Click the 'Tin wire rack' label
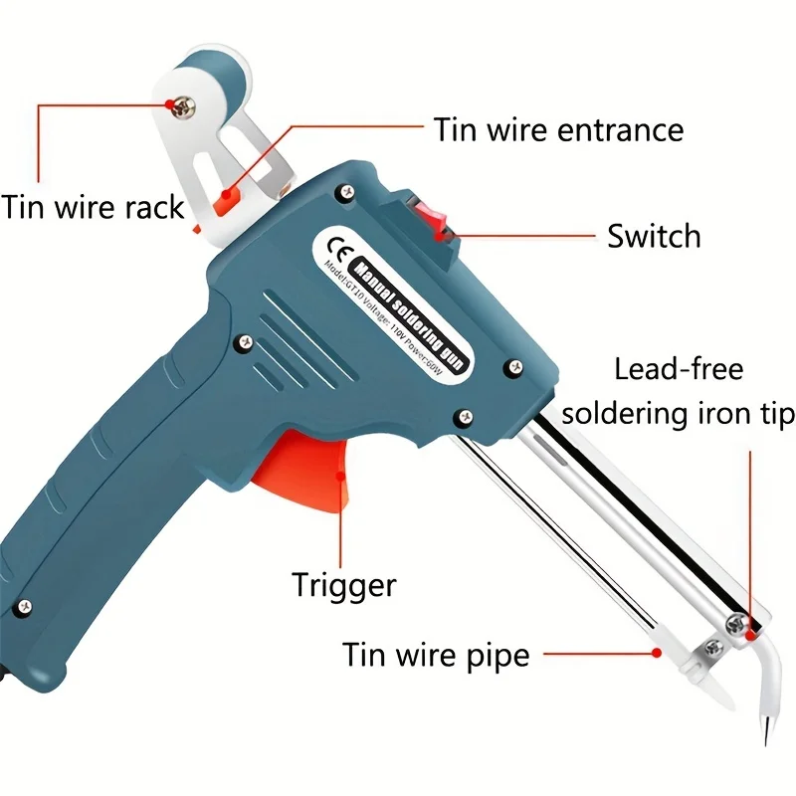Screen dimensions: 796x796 click(x=93, y=207)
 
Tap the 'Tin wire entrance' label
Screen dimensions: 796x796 click(x=558, y=130)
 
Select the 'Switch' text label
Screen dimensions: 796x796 click(x=654, y=237)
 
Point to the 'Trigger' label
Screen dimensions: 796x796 click(x=343, y=584)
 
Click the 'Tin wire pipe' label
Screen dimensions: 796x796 click(x=436, y=655)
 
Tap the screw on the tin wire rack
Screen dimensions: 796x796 click(x=182, y=102)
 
